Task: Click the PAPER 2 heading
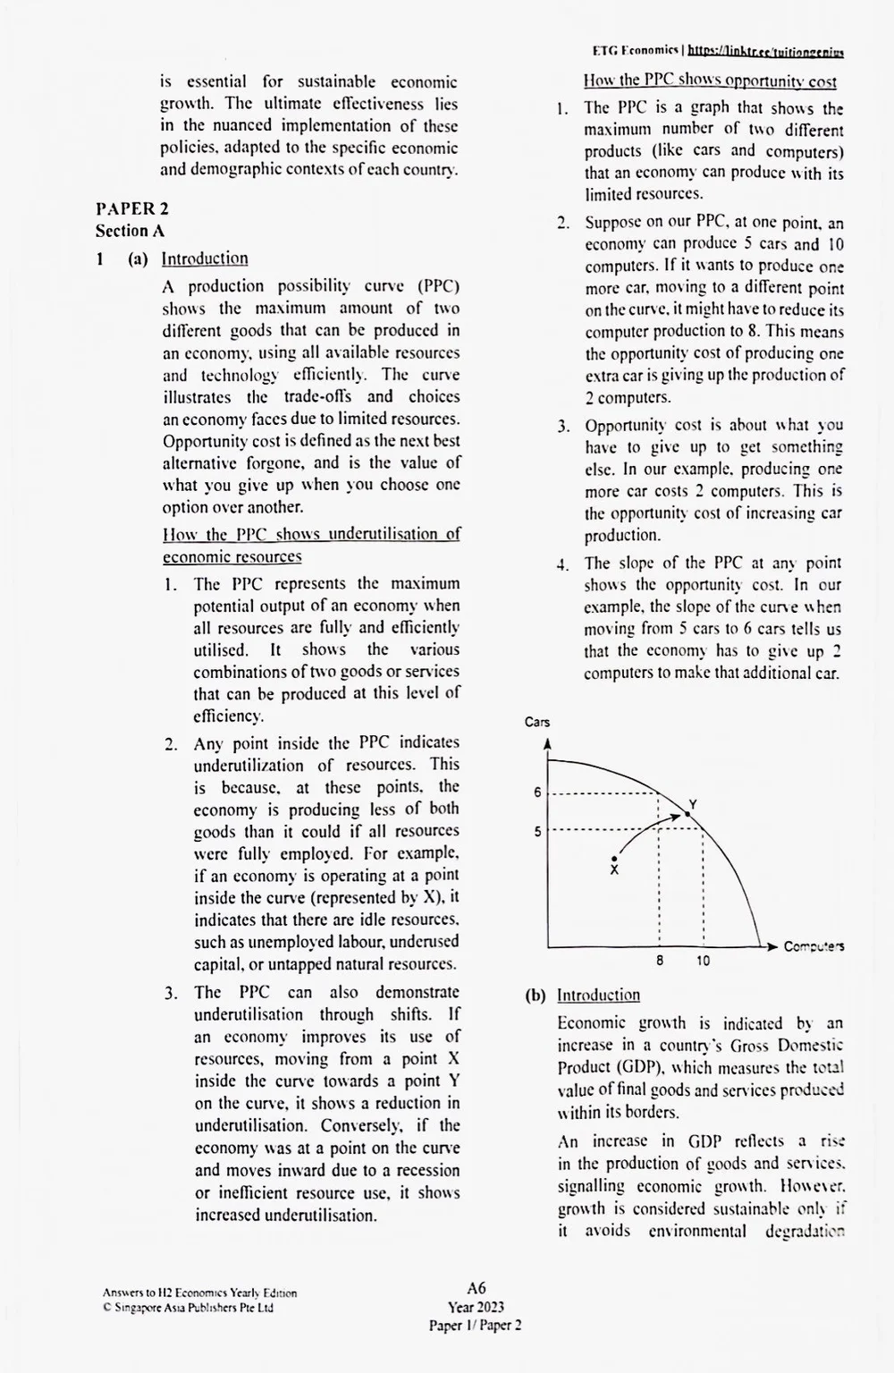132,208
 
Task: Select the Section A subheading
131,231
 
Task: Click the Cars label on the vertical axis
537,722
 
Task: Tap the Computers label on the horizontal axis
814,946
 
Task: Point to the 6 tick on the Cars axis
537,792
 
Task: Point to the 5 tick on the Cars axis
537,831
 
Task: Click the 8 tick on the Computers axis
660,962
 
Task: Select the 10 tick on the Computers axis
704,962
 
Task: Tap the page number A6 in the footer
476,1288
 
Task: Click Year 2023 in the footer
476,1307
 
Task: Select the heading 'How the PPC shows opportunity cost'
710,81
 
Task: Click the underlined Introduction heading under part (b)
598,995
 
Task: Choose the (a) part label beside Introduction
138,258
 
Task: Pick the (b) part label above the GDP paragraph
536,995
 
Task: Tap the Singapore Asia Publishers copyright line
188,1308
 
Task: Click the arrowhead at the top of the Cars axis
547,743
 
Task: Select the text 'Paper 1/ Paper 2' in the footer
476,1326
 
